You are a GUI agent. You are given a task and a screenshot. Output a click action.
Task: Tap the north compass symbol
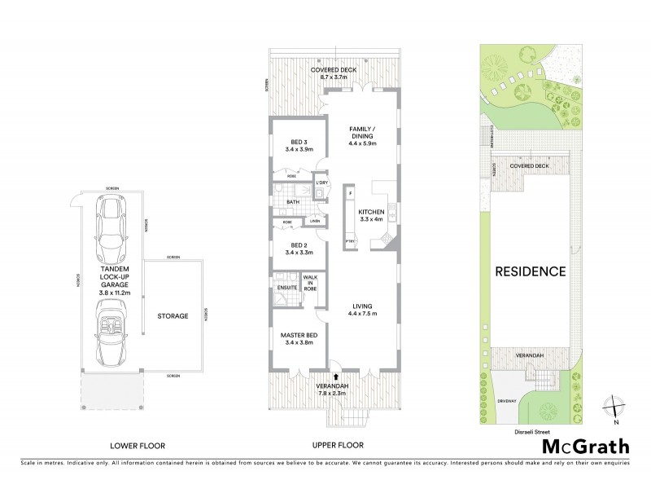[x=615, y=407]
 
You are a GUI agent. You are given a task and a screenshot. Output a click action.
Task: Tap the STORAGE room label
[x=173, y=316]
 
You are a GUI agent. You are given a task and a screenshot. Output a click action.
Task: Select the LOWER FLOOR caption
[x=138, y=445]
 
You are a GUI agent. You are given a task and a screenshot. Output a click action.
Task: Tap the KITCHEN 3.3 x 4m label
[x=370, y=215]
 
